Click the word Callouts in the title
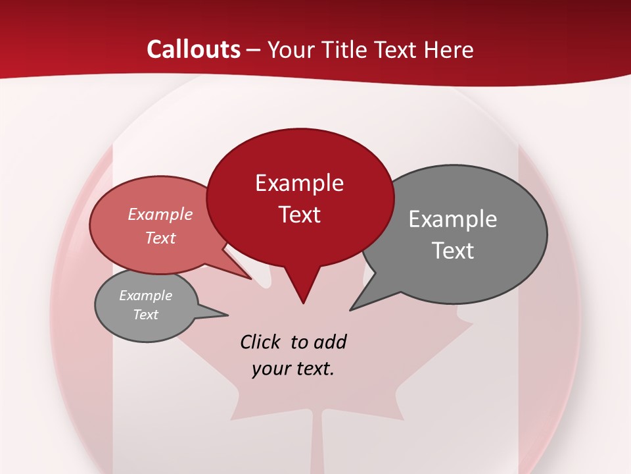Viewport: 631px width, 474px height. click(193, 49)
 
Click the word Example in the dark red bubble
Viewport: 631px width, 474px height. click(299, 183)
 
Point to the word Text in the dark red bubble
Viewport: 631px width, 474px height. click(299, 215)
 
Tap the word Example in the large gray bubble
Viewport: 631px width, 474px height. click(453, 219)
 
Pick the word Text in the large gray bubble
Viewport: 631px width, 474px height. click(453, 251)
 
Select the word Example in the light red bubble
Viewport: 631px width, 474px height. click(160, 214)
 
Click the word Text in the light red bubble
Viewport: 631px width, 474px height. click(160, 238)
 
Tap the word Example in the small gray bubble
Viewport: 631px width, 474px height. click(145, 296)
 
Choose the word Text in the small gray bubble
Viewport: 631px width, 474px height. click(145, 315)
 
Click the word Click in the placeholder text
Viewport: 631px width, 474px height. click(261, 342)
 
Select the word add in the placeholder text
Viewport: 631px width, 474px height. click(330, 342)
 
